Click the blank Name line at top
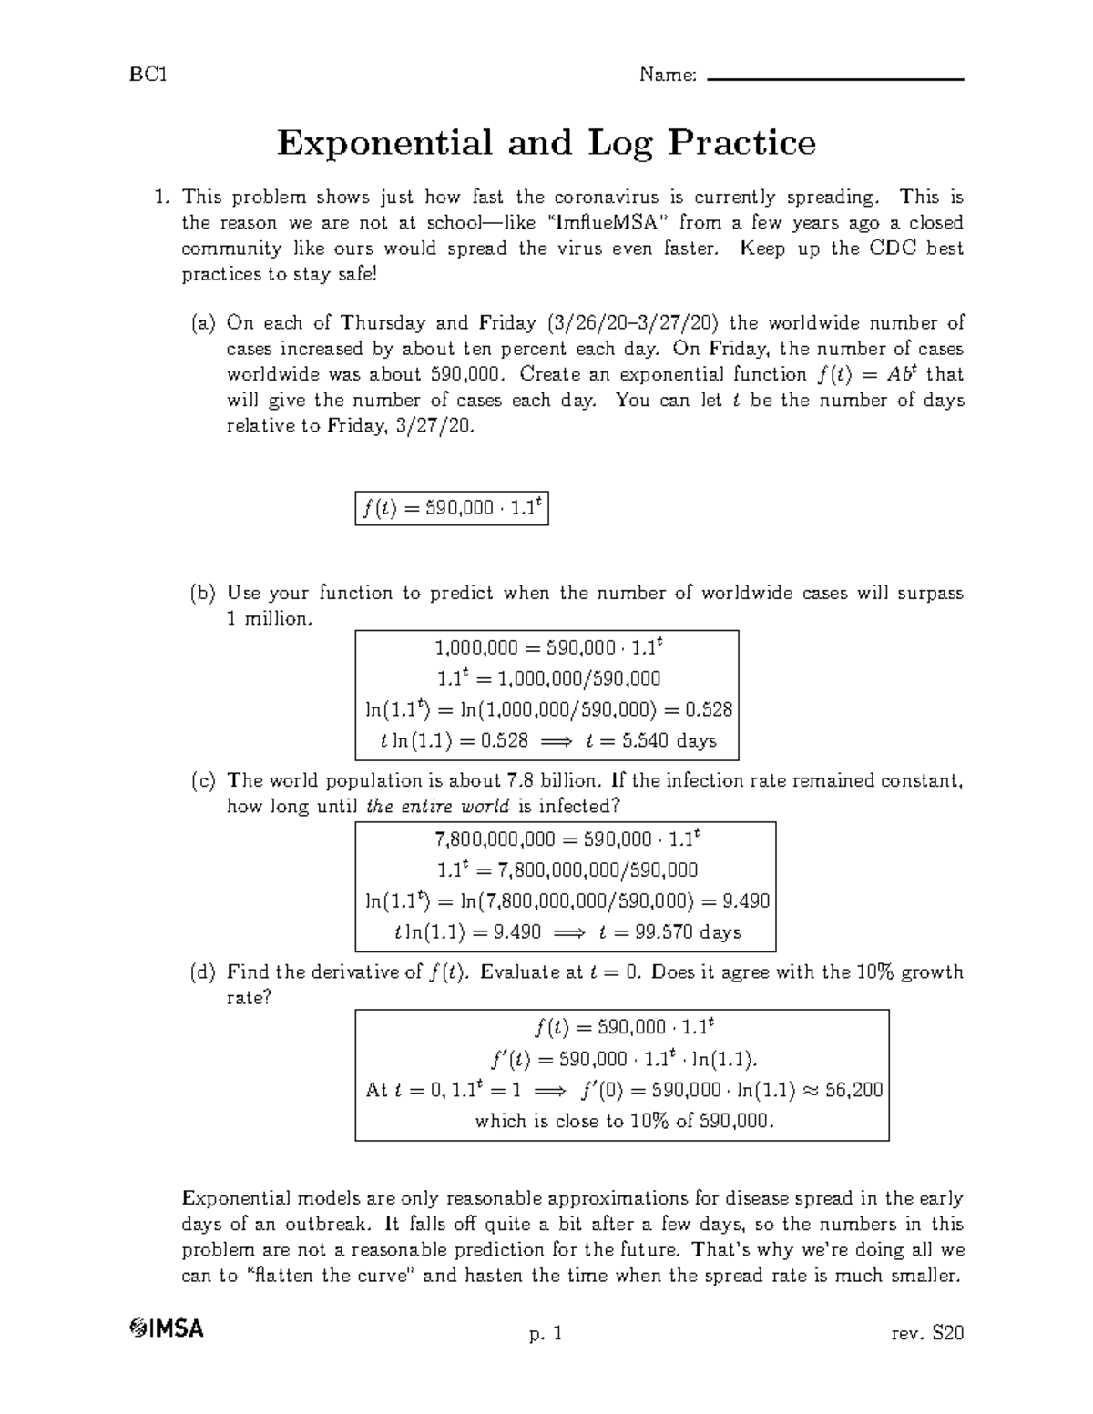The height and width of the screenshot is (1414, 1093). [834, 79]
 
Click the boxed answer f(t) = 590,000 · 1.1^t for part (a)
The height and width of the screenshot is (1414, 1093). [452, 509]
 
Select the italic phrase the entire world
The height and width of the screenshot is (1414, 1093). [437, 807]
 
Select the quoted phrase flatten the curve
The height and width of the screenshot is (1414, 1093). [331, 1276]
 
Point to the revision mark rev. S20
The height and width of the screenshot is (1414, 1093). [928, 1334]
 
